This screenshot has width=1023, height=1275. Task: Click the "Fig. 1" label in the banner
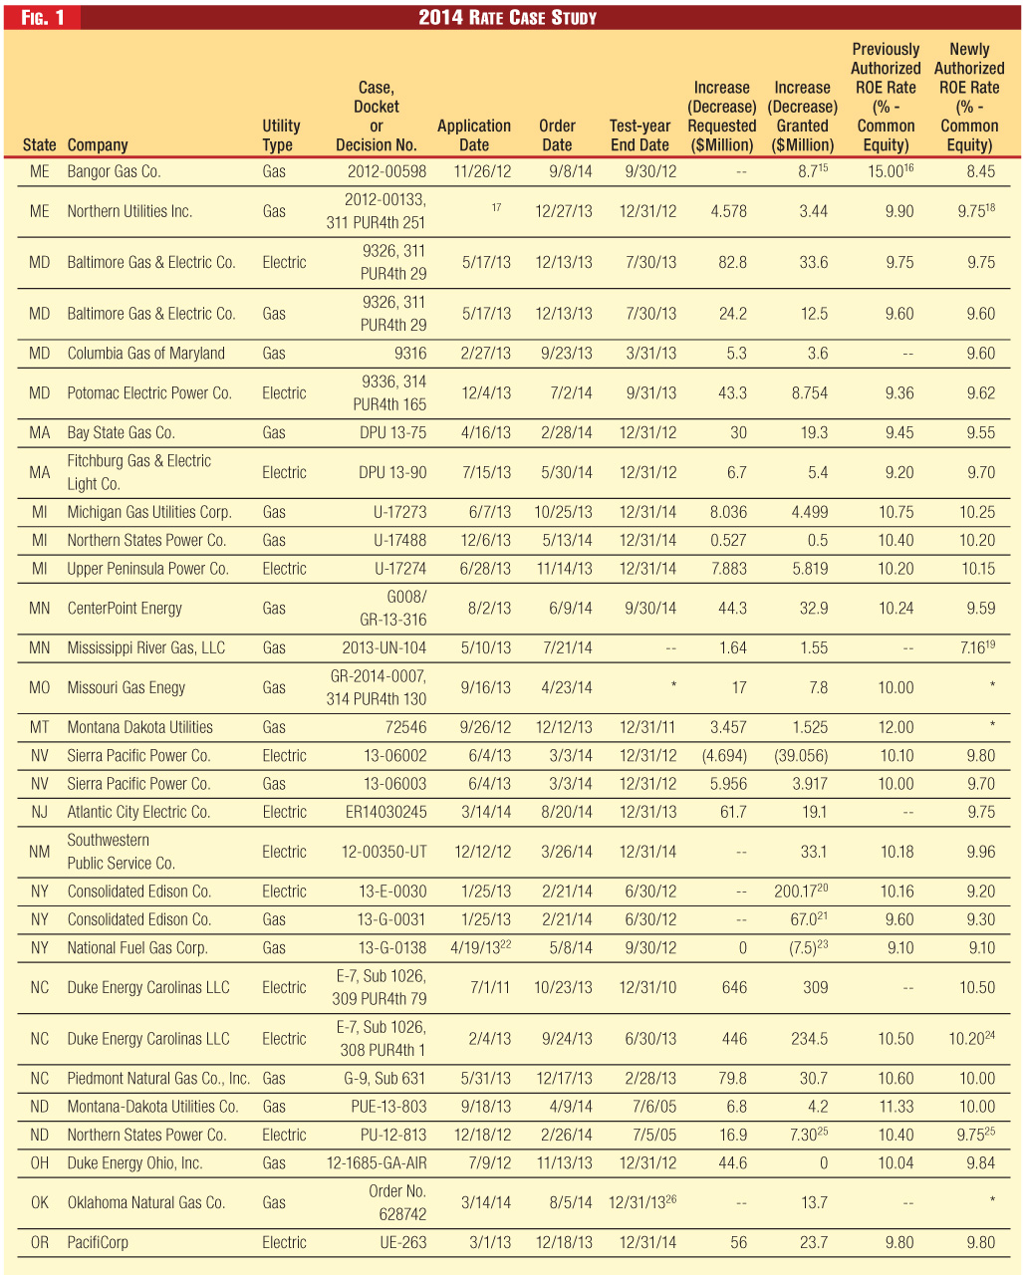coord(42,17)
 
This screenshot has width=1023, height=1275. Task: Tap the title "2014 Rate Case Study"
coord(507,17)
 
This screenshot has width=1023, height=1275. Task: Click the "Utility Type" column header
coord(280,135)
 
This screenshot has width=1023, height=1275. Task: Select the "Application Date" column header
coord(474,135)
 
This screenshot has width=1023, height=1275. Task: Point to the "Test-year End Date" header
coord(639,135)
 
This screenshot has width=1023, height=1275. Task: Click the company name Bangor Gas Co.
coord(114,171)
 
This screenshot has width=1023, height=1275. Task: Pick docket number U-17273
coord(399,512)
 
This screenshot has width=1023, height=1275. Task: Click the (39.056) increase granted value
coord(801,755)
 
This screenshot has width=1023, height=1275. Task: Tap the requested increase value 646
coord(734,987)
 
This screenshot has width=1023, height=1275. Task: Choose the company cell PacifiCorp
coord(98,1242)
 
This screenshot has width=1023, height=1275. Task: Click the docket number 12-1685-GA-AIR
coord(377,1162)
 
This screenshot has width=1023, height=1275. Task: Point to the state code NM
coord(40,852)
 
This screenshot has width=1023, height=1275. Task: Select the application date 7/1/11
coord(490,987)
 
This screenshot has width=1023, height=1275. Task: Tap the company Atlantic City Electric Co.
coord(138,812)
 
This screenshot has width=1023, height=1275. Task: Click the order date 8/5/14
coord(571,1202)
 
